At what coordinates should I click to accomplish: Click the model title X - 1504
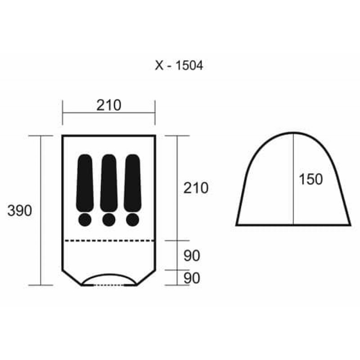pos(179,65)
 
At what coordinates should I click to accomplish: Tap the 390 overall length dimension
pos(20,211)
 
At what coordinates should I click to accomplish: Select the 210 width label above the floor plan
pos(108,105)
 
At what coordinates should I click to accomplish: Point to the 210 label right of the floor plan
pos(196,188)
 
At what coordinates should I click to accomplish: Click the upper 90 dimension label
pos(192,256)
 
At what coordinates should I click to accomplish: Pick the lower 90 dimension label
pos(192,278)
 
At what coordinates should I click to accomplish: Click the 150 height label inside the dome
pos(310,179)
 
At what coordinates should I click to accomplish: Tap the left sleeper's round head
pos(85,220)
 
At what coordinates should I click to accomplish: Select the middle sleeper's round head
pos(109,220)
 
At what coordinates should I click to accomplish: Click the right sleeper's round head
pos(132,220)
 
